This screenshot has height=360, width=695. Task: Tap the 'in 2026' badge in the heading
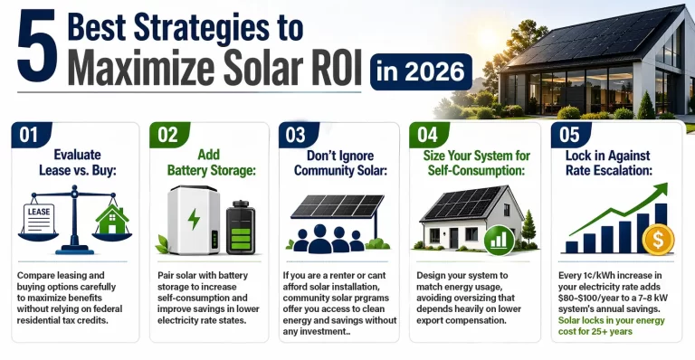pyautogui.click(x=421, y=70)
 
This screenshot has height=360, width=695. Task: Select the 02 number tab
pyautogui.click(x=167, y=136)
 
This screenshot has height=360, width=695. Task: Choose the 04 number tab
pyautogui.click(x=430, y=136)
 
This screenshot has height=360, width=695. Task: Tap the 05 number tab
pyautogui.click(x=568, y=136)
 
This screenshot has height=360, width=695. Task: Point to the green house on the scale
pyautogui.click(x=113, y=219)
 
